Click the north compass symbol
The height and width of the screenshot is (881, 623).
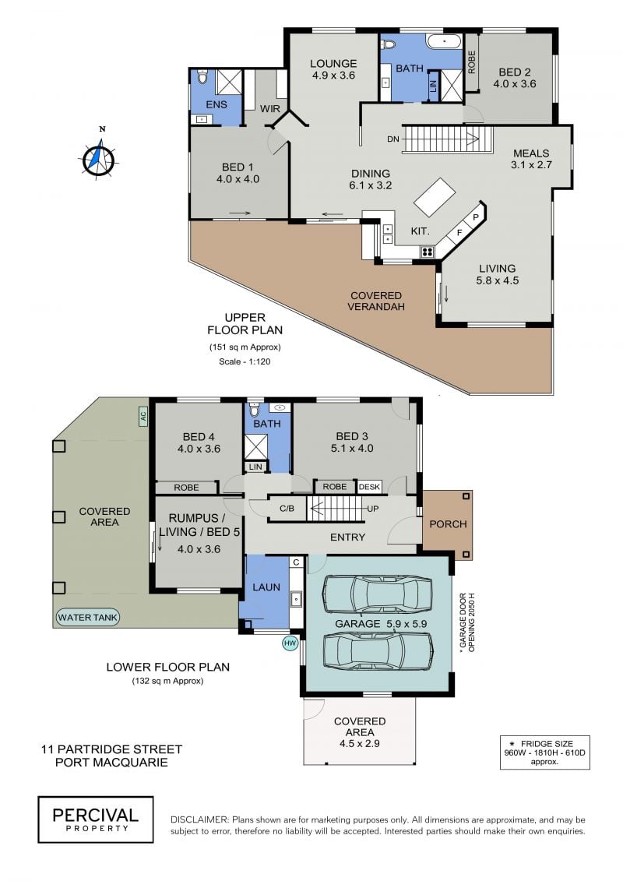coord(99,157)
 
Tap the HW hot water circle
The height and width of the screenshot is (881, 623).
coord(290,643)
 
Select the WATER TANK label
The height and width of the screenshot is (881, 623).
coord(88,618)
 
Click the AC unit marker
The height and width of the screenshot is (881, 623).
coord(143,416)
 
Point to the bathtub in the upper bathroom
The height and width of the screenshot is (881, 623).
coord(444,41)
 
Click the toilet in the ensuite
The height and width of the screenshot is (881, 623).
coord(202,76)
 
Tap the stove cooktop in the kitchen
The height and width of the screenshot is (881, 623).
coord(428,251)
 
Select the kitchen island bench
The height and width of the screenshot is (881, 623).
coord(435,196)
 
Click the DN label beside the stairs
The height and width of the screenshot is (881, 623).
coord(393,139)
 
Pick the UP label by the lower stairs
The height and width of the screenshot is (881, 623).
coord(372,509)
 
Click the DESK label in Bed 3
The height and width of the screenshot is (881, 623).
coord(369,487)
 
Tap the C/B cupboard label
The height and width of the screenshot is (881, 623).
coord(287,509)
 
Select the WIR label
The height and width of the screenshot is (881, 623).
coord(270,109)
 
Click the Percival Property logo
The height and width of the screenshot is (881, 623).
coord(96,819)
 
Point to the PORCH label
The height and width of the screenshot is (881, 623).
coord(448,524)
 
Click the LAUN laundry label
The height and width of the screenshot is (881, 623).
coord(266,587)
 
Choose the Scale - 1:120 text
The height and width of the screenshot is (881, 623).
coord(245,362)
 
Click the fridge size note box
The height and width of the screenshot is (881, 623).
coord(545,752)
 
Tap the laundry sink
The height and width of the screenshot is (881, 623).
coord(296,599)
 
